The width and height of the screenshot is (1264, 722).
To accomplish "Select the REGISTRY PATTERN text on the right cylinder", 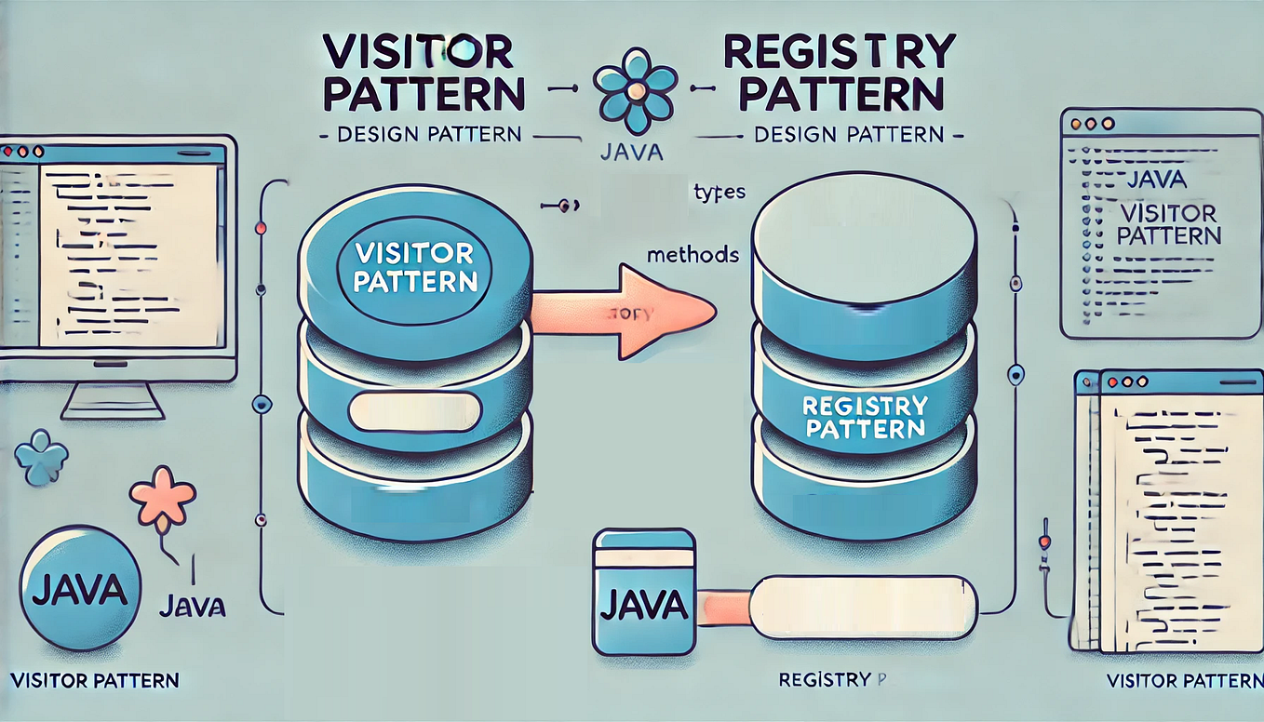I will (865, 417).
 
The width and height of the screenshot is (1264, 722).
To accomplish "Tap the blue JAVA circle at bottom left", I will (79, 588).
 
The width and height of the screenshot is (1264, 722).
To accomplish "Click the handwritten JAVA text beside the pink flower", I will (193, 607).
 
